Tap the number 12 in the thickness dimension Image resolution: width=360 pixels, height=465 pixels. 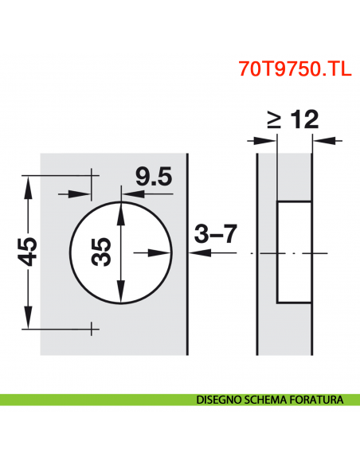(x=303, y=119)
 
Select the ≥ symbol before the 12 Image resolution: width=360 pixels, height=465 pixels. (x=273, y=120)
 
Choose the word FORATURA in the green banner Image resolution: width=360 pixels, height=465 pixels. (x=317, y=401)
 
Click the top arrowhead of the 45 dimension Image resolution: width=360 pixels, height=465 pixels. (x=29, y=184)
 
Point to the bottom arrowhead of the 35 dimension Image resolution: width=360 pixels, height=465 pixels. (x=121, y=295)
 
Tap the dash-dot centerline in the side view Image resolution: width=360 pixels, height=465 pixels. (x=263, y=252)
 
